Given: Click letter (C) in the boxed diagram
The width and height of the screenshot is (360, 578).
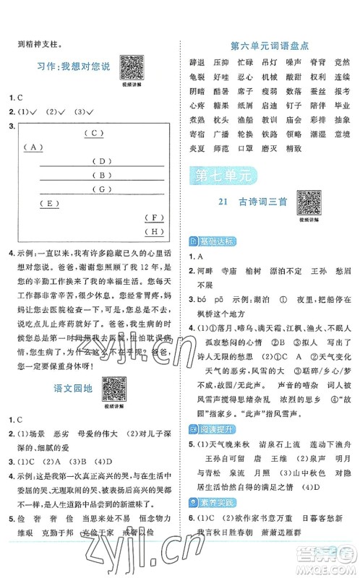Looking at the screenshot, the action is (94, 133).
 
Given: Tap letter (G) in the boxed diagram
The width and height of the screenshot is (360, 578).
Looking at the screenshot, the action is (103, 189).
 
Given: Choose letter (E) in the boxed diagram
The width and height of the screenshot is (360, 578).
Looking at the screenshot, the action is (49, 203).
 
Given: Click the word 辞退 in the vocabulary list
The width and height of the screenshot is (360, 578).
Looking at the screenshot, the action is (196, 64).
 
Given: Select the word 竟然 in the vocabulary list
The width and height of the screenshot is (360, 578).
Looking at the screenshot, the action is (342, 64).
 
